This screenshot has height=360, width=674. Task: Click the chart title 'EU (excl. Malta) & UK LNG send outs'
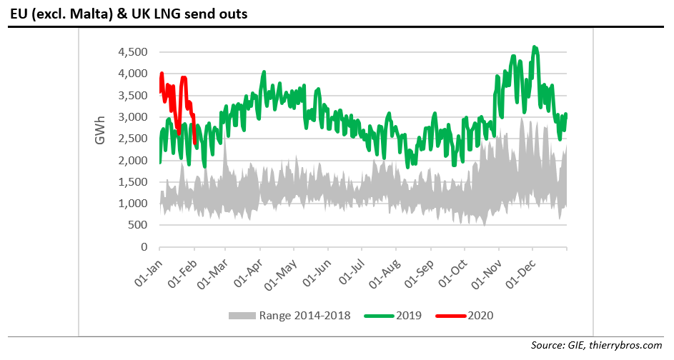[129, 14]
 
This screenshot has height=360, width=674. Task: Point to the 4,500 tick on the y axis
[133, 52]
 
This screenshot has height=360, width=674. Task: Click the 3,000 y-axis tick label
[133, 117]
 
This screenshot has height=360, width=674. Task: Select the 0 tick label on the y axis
[144, 247]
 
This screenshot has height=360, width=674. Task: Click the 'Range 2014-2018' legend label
[304, 315]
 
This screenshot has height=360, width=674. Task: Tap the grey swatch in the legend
[242, 315]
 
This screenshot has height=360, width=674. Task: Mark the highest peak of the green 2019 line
[535, 48]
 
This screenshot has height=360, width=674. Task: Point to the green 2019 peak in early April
[264, 72]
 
